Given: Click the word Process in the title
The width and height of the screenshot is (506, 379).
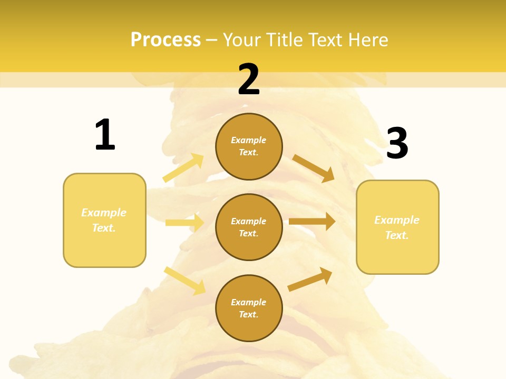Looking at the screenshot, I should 166,40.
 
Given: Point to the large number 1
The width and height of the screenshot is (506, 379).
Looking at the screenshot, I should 105,135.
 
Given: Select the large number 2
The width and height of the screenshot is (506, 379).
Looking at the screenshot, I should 249,79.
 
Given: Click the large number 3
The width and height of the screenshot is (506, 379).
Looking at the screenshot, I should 397,144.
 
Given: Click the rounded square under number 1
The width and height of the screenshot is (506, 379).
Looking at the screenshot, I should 104,220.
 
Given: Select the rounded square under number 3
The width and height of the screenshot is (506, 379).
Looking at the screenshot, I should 397,227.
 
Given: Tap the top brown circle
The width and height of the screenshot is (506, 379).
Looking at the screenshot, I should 249,146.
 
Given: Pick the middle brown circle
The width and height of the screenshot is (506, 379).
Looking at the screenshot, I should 249,227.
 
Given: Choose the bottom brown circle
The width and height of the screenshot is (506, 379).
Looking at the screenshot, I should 249,308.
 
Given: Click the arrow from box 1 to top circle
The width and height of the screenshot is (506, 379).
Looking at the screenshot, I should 183,168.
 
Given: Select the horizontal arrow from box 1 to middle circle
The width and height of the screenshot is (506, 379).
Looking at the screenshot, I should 184,223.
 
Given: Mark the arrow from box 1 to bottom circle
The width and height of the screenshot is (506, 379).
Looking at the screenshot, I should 185,281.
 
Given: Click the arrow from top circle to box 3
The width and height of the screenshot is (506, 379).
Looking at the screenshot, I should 314,168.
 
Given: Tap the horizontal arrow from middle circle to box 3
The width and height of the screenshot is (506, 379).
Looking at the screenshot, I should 312,222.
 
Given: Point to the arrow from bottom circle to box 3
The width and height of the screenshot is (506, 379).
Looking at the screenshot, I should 310,279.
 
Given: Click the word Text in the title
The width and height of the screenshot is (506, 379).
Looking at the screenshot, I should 326,40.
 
